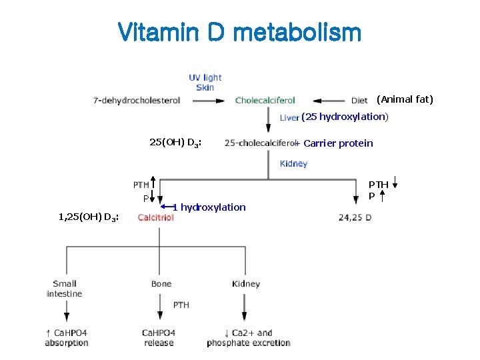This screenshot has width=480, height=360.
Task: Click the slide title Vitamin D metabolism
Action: [239, 31]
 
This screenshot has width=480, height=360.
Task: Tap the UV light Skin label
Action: [205, 83]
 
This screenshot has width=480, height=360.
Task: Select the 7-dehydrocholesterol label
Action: [137, 101]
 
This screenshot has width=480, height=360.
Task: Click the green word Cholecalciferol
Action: [265, 101]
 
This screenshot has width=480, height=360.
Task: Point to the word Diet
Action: [359, 101]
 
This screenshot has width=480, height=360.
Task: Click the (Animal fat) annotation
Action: [405, 99]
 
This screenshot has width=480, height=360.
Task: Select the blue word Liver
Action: [289, 117]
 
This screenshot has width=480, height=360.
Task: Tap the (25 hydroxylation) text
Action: [344, 117]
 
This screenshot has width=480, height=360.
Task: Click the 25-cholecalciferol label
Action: [261, 143]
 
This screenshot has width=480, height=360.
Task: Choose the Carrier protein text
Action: [338, 143]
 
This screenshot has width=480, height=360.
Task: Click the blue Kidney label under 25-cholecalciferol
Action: [293, 164]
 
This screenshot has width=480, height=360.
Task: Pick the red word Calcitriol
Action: [155, 217]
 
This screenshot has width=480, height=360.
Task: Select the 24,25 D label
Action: [355, 217]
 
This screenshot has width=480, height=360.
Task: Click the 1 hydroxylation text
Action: [209, 207]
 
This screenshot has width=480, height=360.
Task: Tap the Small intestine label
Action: [65, 289]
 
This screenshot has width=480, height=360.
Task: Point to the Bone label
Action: [161, 284]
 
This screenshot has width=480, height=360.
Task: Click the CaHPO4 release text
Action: [159, 338]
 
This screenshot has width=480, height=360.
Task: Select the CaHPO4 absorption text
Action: [67, 338]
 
